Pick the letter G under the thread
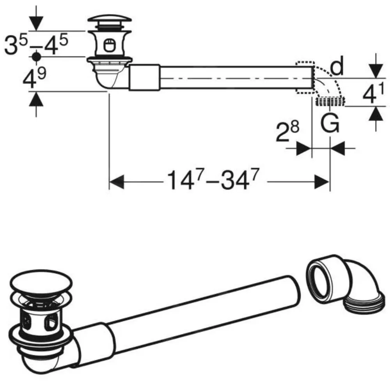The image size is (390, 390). tap(330, 124)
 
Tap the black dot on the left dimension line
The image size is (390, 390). tap(36, 57)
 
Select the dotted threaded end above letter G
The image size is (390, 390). tap(330, 102)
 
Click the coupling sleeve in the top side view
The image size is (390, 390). tap(144, 78)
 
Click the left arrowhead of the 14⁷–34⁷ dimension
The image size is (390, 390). tap(117, 181)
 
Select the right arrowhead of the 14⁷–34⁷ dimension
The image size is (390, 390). tap(322, 181)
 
